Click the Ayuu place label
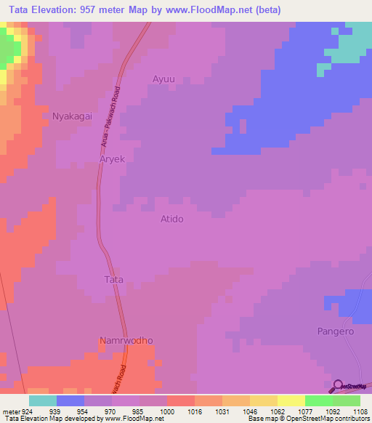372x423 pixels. coord(164,78)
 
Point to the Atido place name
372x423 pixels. coord(171,219)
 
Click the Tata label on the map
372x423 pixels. coord(114,279)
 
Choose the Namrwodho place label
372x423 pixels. coord(126,340)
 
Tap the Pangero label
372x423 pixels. coord(335,331)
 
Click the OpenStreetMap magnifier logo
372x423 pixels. coord(339,386)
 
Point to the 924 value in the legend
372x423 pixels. coord(27,411)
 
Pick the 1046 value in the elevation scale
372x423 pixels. coord(249,411)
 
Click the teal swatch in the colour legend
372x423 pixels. coord(43,400)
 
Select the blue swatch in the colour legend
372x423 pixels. coord(70,400)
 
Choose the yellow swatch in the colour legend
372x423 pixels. coord(291,400)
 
